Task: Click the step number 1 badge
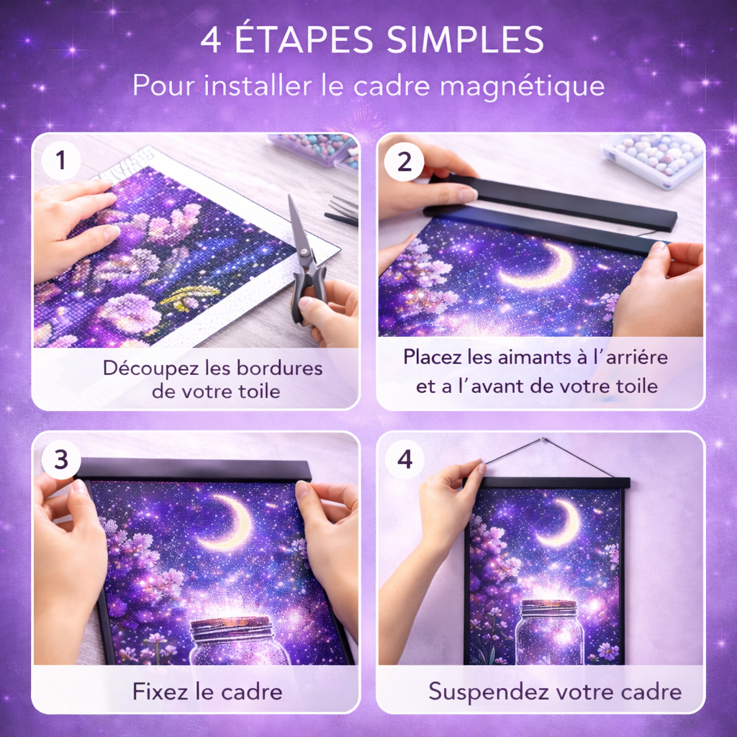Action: coord(60,160)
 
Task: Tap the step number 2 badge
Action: coord(404,162)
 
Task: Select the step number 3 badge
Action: coord(61,459)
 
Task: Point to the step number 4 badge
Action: coord(404,459)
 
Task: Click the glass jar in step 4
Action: coord(550,632)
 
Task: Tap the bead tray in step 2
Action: coord(654,160)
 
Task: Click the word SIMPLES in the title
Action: coord(466,40)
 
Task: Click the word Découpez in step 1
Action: coord(151,368)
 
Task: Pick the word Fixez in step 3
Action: coord(160,692)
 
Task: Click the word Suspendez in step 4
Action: coord(489,692)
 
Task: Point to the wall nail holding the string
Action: coord(543,440)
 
